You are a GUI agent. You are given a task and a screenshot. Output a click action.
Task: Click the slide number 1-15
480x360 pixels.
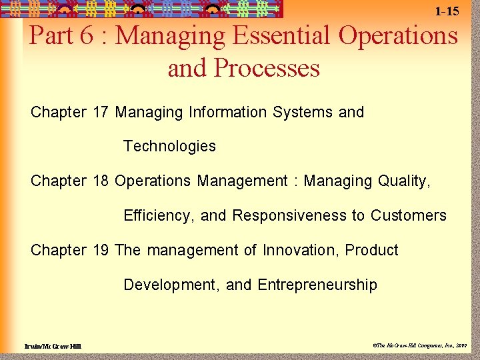point(447,11)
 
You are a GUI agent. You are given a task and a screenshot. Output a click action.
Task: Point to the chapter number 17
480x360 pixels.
point(101,112)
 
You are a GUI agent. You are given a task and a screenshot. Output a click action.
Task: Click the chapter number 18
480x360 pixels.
point(101,181)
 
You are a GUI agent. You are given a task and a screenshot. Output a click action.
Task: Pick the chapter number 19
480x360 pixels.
point(101,250)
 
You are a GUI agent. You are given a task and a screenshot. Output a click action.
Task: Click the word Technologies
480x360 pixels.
point(169,147)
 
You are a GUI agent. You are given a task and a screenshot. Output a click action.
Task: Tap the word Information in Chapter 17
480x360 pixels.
point(229,112)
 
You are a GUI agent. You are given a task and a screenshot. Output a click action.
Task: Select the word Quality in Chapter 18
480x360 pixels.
point(403,181)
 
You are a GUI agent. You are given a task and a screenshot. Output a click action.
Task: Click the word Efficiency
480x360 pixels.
point(159,216)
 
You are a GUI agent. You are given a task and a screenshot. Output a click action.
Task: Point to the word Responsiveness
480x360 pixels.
point(289,215)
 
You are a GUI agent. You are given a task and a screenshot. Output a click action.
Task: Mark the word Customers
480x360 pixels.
point(408,215)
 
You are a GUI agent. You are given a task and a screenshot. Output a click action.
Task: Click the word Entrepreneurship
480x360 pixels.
point(317,285)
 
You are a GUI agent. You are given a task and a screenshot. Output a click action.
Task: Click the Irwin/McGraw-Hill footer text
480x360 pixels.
point(53,346)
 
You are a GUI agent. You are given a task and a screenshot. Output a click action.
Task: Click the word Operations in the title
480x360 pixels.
point(398,35)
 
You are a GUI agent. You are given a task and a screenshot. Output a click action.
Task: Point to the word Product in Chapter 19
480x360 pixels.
point(372,250)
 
